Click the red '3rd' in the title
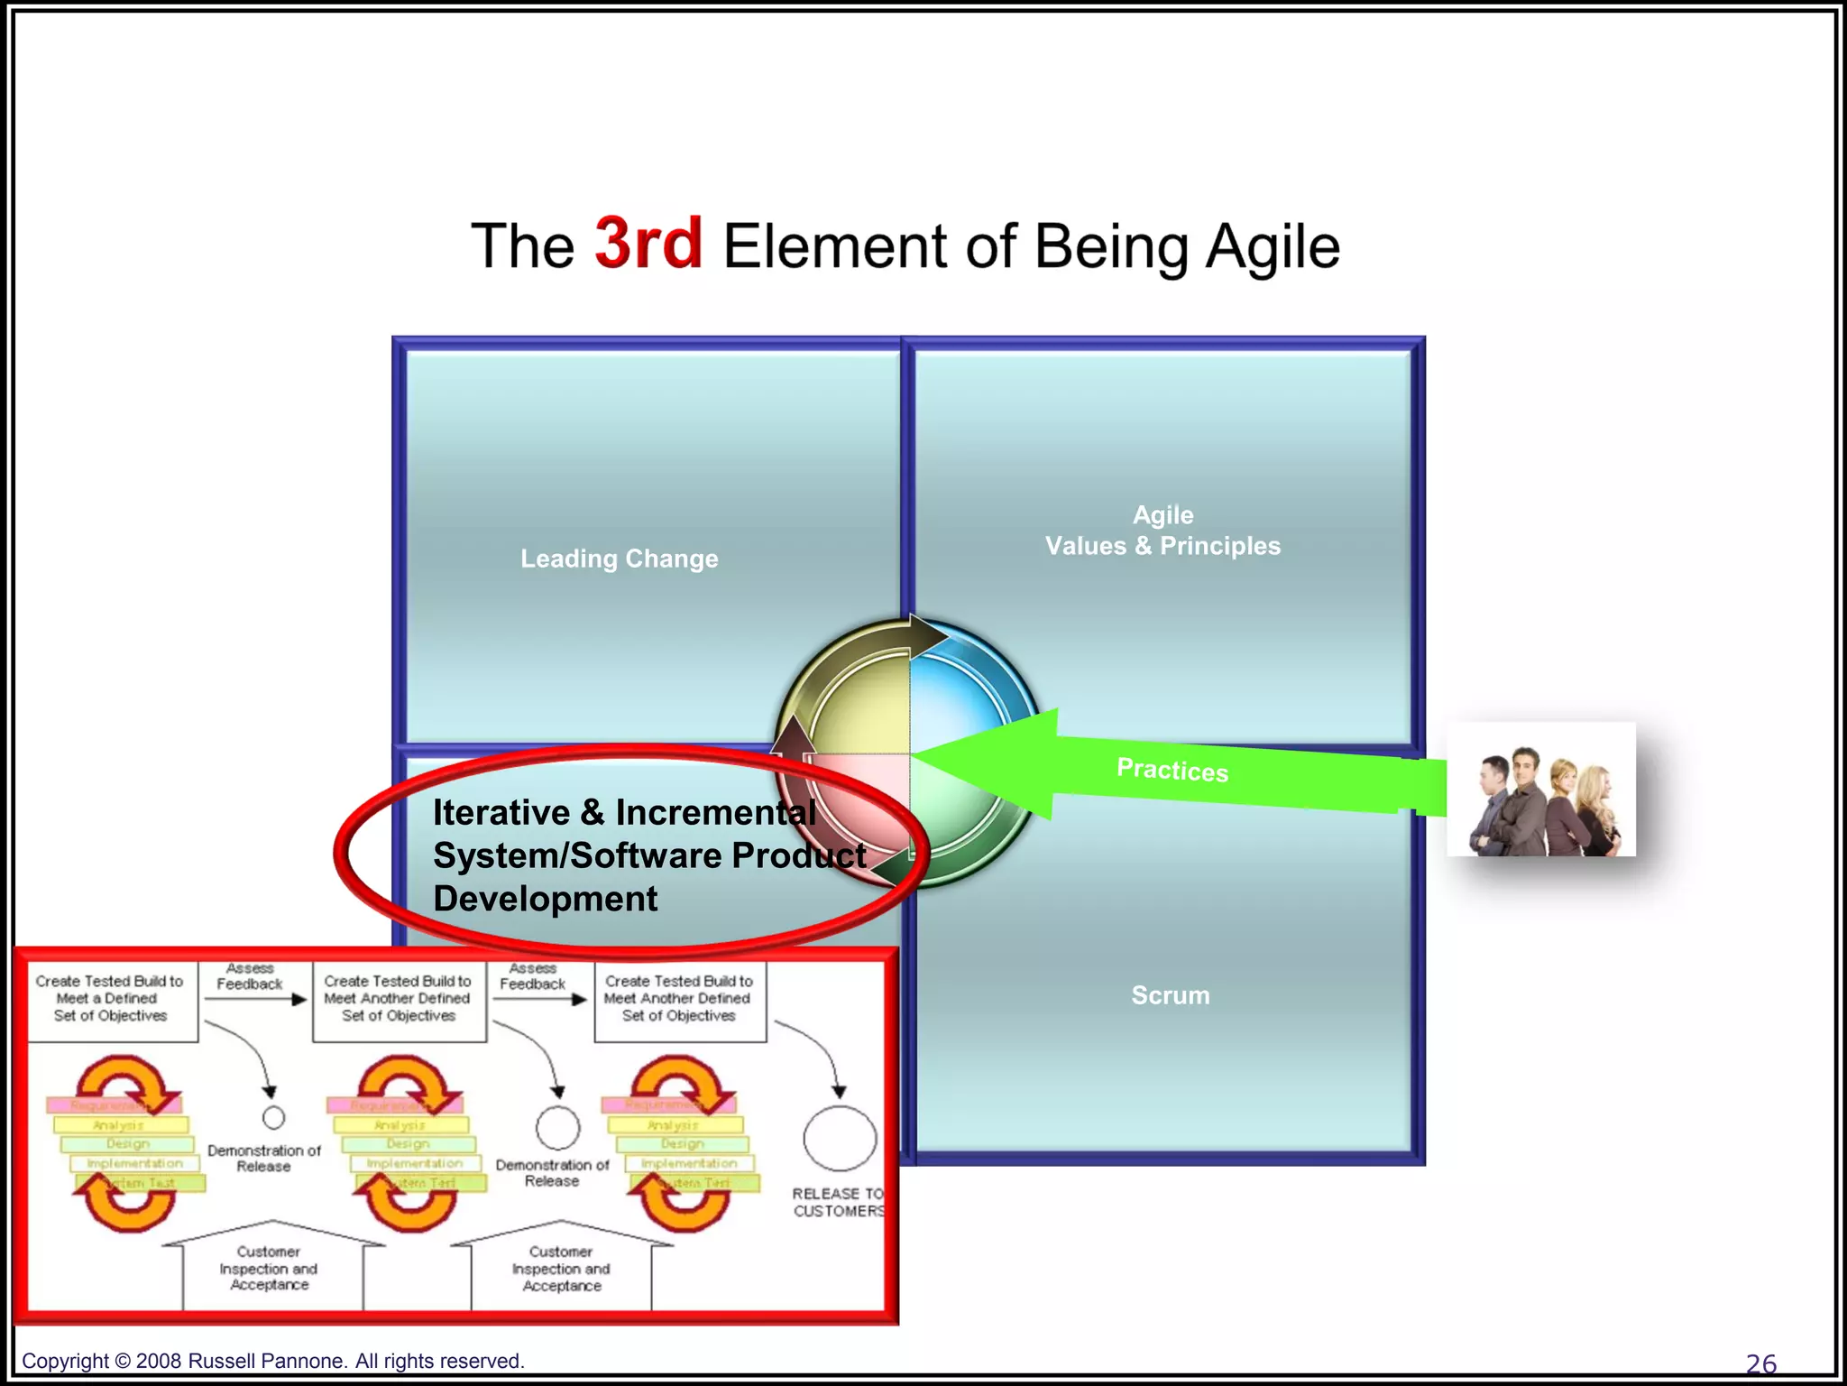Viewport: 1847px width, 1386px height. (x=648, y=244)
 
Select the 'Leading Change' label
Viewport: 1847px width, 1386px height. (x=619, y=559)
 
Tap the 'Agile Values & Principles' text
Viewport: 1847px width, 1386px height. (x=1162, y=531)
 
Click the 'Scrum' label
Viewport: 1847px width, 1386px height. (x=1170, y=995)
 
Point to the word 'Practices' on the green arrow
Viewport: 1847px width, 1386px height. (x=1172, y=770)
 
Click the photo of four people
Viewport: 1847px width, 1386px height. (x=1540, y=790)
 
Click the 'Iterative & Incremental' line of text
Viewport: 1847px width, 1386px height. (x=624, y=812)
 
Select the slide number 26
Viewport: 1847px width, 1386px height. (x=1760, y=1363)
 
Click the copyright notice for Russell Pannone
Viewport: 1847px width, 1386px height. (x=272, y=1361)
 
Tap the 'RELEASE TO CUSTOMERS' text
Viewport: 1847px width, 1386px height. (x=837, y=1202)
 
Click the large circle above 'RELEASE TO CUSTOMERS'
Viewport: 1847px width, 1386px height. (x=840, y=1140)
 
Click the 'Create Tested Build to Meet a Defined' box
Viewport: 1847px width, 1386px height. (x=111, y=999)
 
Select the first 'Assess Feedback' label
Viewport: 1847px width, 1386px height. (x=250, y=976)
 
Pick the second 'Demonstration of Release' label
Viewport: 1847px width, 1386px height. (x=552, y=1172)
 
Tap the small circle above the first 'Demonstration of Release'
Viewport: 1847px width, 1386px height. (x=273, y=1118)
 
